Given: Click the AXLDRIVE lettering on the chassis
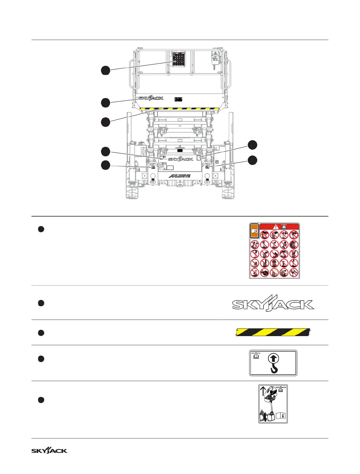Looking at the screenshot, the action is [x=179, y=176].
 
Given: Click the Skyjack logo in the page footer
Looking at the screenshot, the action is [x=49, y=451].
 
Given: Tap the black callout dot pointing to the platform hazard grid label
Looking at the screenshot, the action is [x=106, y=71].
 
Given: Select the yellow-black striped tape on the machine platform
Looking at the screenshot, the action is [x=179, y=109].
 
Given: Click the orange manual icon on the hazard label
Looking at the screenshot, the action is [x=254, y=231].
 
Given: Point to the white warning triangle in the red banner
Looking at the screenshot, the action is [x=276, y=227].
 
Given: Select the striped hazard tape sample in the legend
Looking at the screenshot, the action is [x=273, y=332].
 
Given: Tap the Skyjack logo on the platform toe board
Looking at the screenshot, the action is [x=151, y=98].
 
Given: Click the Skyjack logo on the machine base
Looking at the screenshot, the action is [x=180, y=159].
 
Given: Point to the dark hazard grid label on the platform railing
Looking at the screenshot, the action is [x=179, y=59].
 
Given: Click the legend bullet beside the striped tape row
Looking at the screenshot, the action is [x=41, y=333].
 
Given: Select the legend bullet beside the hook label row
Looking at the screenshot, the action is [x=41, y=359].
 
